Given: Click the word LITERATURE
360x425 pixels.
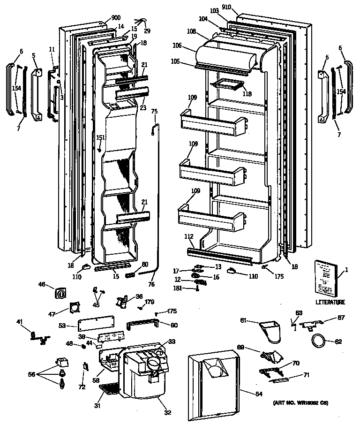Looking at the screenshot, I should click(330, 303).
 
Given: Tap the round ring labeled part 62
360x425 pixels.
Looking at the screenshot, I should click(319, 340).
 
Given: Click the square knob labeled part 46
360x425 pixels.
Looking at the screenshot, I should click(61, 294).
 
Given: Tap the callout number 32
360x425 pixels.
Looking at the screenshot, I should click(167, 413).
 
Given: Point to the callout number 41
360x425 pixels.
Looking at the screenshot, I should click(19, 322).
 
